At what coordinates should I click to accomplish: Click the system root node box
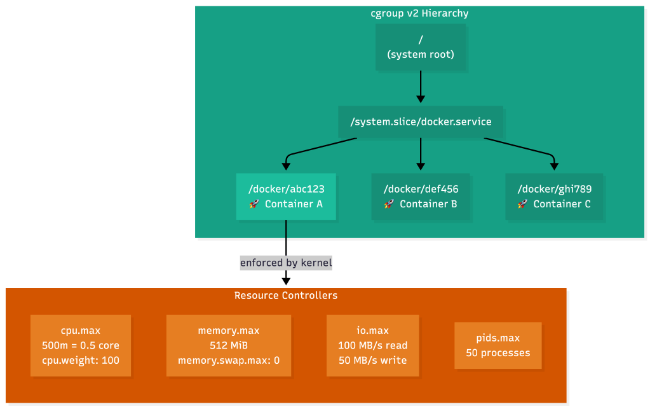pyautogui.click(x=420, y=48)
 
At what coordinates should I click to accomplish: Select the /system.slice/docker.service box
pyautogui.click(x=420, y=121)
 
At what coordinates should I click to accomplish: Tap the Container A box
pyautogui.click(x=286, y=197)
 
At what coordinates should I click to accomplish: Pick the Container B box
pyautogui.click(x=421, y=197)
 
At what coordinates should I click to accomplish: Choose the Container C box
pyautogui.click(x=555, y=197)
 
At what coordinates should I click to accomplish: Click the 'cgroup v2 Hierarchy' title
pyautogui.click(x=419, y=13)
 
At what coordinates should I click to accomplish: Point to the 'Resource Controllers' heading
pyautogui.click(x=286, y=296)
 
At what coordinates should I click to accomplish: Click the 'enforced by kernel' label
pyautogui.click(x=286, y=262)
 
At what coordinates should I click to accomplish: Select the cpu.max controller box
pyautogui.click(x=81, y=345)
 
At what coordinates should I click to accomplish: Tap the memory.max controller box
pyautogui.click(x=229, y=345)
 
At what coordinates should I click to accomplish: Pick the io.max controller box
pyautogui.click(x=372, y=345)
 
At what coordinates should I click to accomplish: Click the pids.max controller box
pyautogui.click(x=498, y=345)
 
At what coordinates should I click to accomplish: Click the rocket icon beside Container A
pyautogui.click(x=254, y=204)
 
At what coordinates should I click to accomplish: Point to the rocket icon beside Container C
pyautogui.click(x=522, y=204)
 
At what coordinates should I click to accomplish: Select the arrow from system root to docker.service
pyautogui.click(x=420, y=86)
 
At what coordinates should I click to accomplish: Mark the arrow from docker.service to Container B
pyautogui.click(x=420, y=155)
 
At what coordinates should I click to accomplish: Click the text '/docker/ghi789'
pyautogui.click(x=555, y=189)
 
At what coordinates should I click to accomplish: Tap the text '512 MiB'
pyautogui.click(x=229, y=345)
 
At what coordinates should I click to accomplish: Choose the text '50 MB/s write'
pyautogui.click(x=372, y=360)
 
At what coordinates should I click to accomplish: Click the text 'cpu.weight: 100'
pyautogui.click(x=81, y=360)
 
